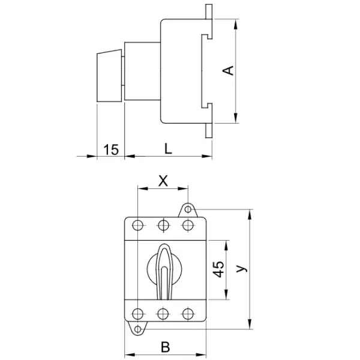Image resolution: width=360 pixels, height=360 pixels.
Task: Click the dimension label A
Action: [x=228, y=71]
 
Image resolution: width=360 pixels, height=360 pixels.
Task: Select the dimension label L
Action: [x=168, y=149]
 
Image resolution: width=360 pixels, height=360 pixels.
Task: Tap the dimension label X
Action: [x=163, y=180]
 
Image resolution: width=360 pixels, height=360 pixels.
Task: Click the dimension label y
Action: [x=241, y=269]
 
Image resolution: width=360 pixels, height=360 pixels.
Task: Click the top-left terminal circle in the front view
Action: [x=137, y=226]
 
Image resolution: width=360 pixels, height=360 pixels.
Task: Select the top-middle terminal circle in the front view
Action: [x=163, y=226]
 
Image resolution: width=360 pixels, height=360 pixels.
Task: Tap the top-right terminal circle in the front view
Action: [x=189, y=226]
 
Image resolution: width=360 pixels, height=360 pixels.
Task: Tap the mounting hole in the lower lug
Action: [x=138, y=329]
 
